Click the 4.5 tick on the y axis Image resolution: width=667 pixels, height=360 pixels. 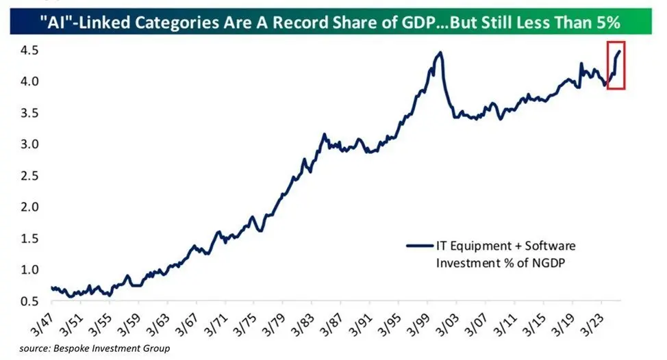click(29, 51)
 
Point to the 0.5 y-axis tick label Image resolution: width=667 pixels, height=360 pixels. click(29, 300)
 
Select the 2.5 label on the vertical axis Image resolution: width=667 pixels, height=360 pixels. click(29, 175)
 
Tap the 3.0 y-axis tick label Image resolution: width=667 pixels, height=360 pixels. click(29, 144)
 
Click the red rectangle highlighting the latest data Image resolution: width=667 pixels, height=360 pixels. click(616, 64)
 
